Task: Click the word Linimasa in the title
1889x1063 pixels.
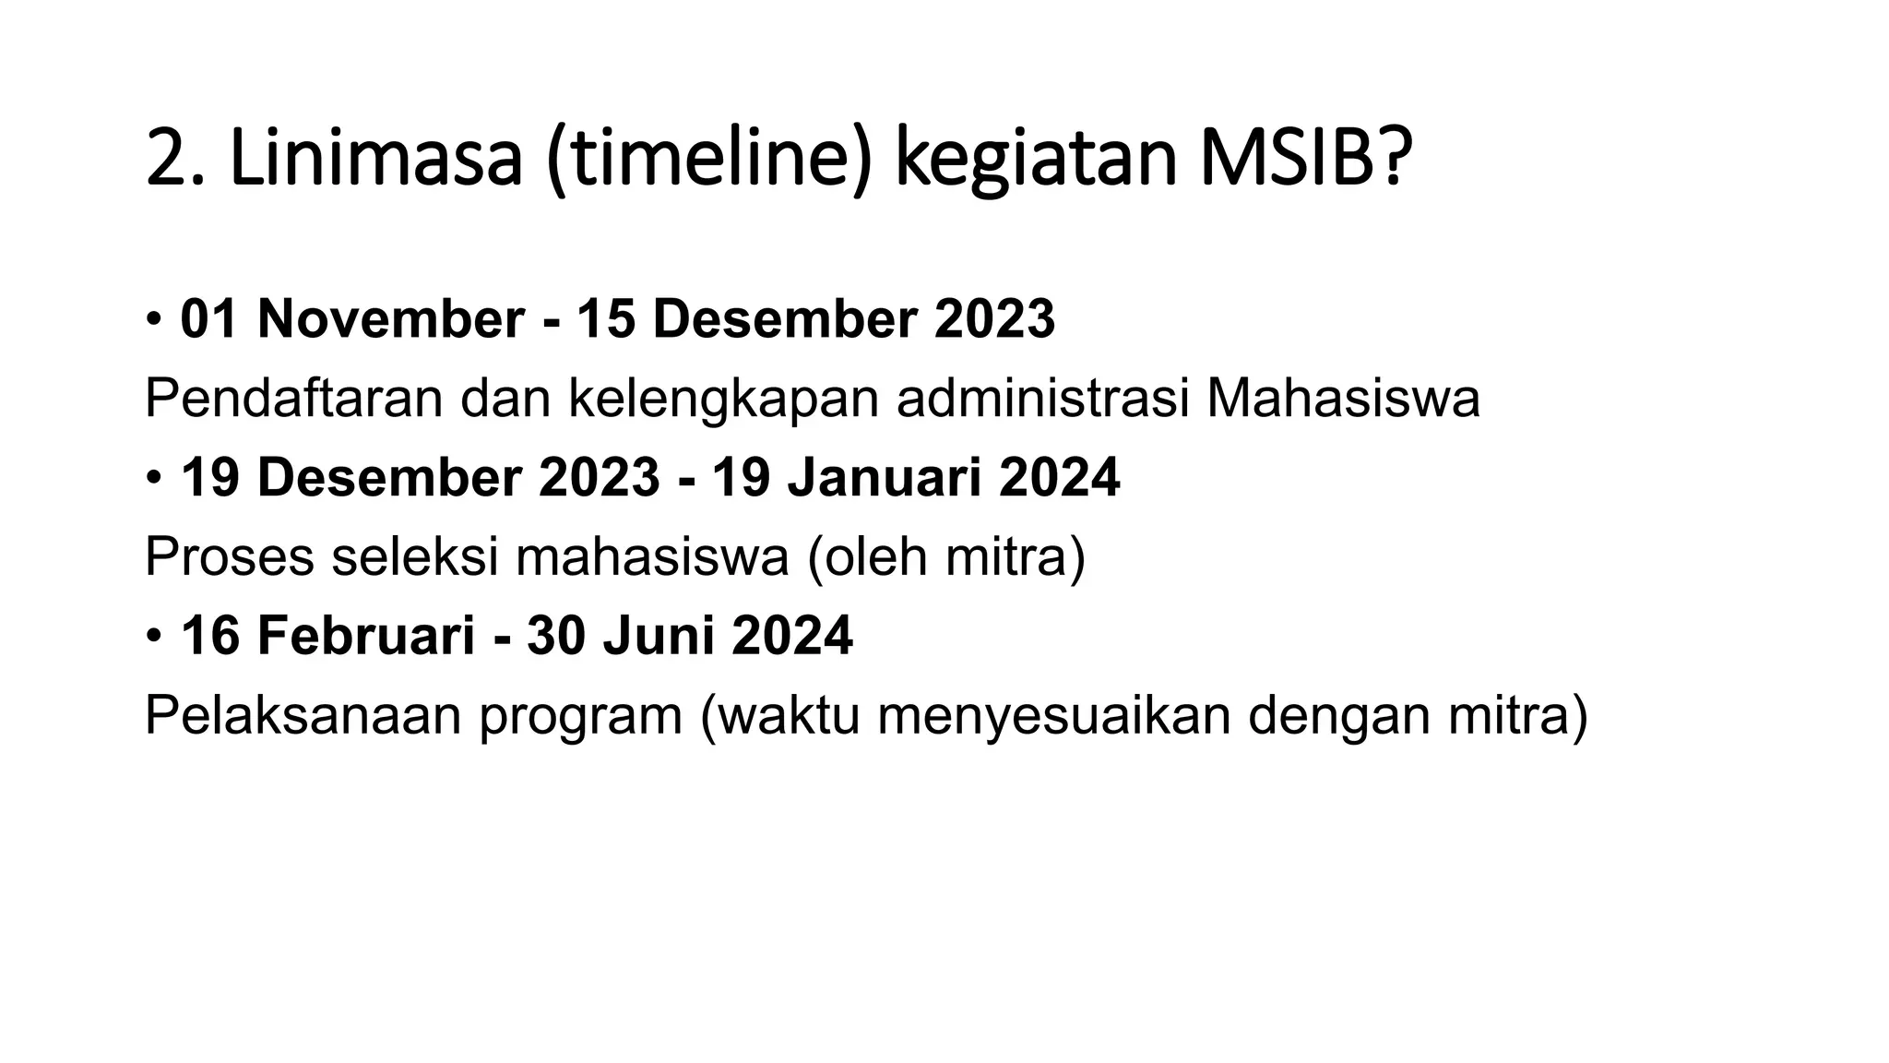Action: tap(375, 160)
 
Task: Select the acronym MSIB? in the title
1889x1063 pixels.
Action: tap(1305, 160)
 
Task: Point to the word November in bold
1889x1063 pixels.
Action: tap(391, 319)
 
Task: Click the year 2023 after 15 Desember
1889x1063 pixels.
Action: tap(994, 319)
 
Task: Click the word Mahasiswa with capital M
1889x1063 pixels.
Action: tap(1343, 399)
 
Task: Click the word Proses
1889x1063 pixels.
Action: tap(230, 557)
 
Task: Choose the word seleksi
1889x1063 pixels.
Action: tap(414, 557)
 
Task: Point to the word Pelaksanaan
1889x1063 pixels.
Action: tap(303, 716)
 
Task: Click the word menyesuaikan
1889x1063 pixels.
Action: tap(1053, 716)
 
